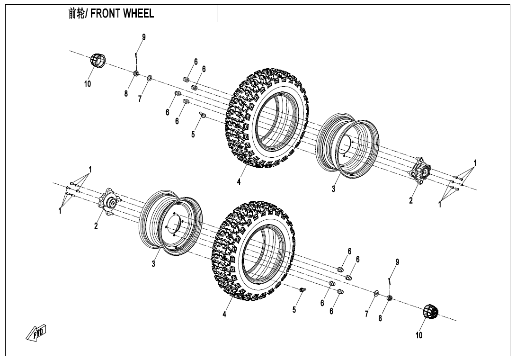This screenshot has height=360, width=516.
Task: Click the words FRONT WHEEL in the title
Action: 122,14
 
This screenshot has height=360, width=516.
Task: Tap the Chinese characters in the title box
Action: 77,14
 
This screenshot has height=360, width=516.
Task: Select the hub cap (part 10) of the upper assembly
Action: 98,62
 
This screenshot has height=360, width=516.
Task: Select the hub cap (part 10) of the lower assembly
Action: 430,312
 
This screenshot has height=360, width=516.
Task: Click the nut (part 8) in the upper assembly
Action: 135,73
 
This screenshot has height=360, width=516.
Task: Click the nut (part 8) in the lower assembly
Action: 389,297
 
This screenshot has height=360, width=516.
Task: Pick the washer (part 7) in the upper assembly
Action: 150,77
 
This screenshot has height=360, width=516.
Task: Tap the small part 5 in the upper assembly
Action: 202,114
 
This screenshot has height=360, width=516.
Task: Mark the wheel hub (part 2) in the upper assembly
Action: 421,171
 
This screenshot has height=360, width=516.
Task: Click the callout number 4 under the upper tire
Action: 239,182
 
